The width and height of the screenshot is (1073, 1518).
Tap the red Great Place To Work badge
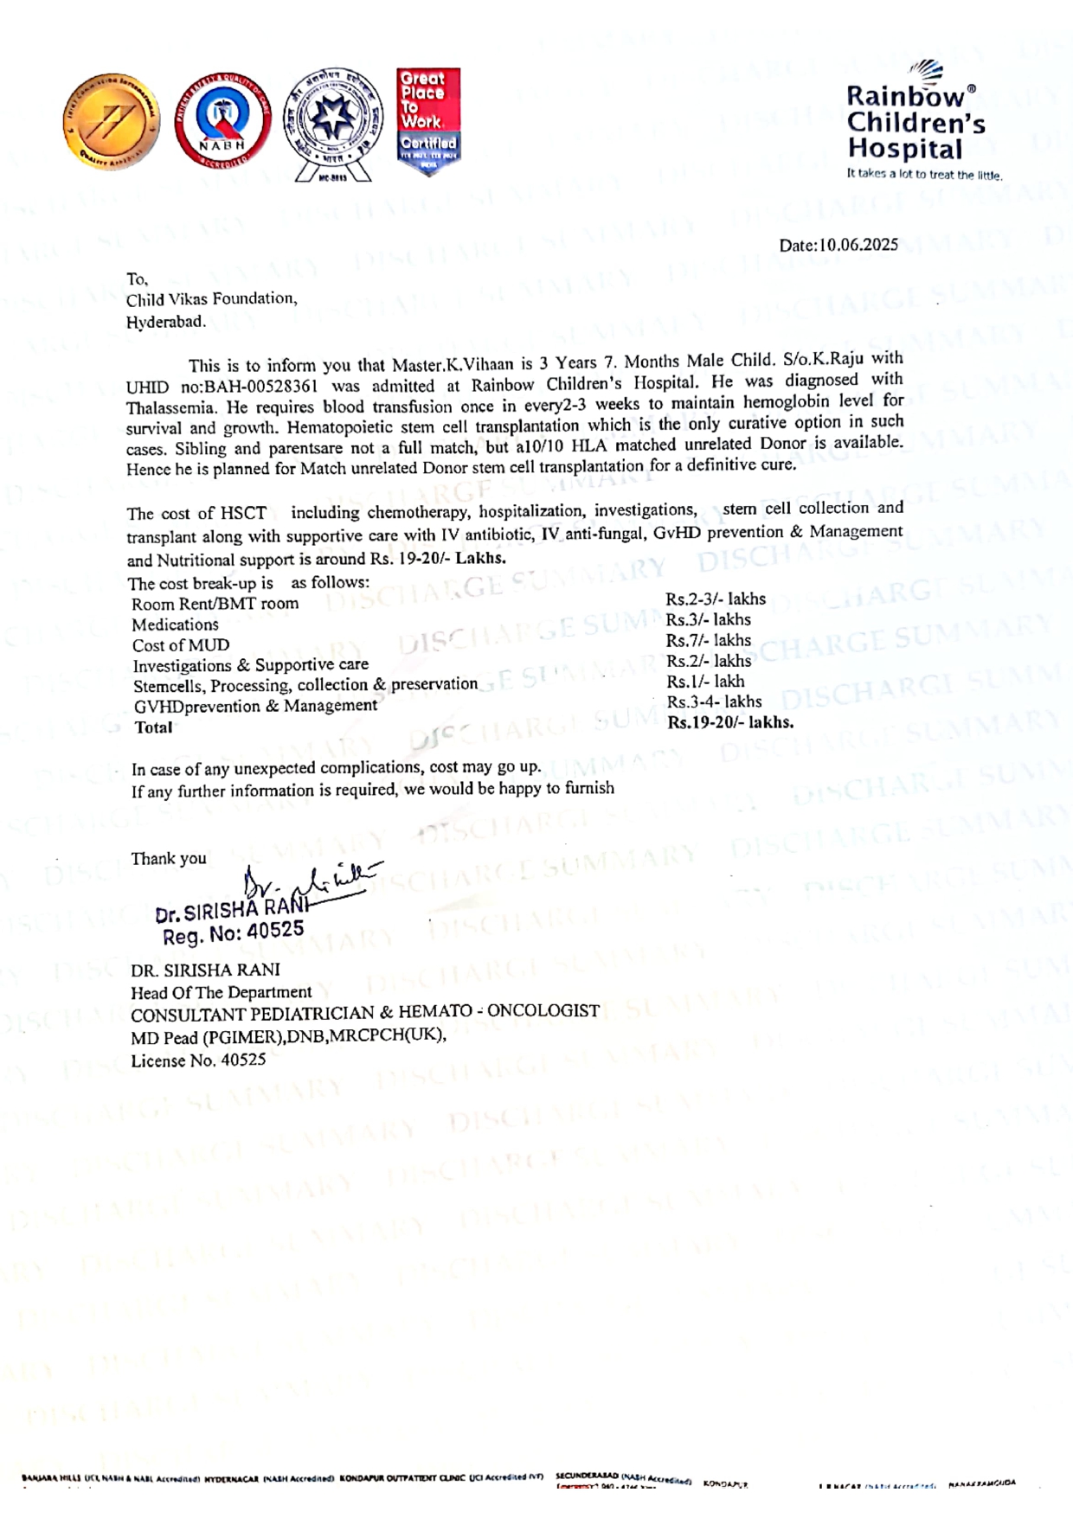(428, 120)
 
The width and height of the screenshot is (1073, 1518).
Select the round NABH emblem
(222, 121)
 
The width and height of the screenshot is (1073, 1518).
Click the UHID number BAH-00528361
(260, 386)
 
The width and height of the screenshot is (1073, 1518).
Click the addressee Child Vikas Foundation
(211, 299)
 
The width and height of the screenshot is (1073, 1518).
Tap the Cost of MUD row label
(181, 645)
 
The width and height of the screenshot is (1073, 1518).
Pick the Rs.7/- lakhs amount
(708, 640)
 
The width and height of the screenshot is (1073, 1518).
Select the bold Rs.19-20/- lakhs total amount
(730, 722)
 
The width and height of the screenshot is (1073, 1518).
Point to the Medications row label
(175, 624)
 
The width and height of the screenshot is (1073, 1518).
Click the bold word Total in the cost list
(153, 727)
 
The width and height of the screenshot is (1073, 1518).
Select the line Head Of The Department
(221, 992)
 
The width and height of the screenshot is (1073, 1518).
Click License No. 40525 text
(198, 1060)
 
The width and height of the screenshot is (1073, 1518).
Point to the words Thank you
(169, 858)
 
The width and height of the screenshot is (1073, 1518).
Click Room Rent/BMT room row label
(215, 604)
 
